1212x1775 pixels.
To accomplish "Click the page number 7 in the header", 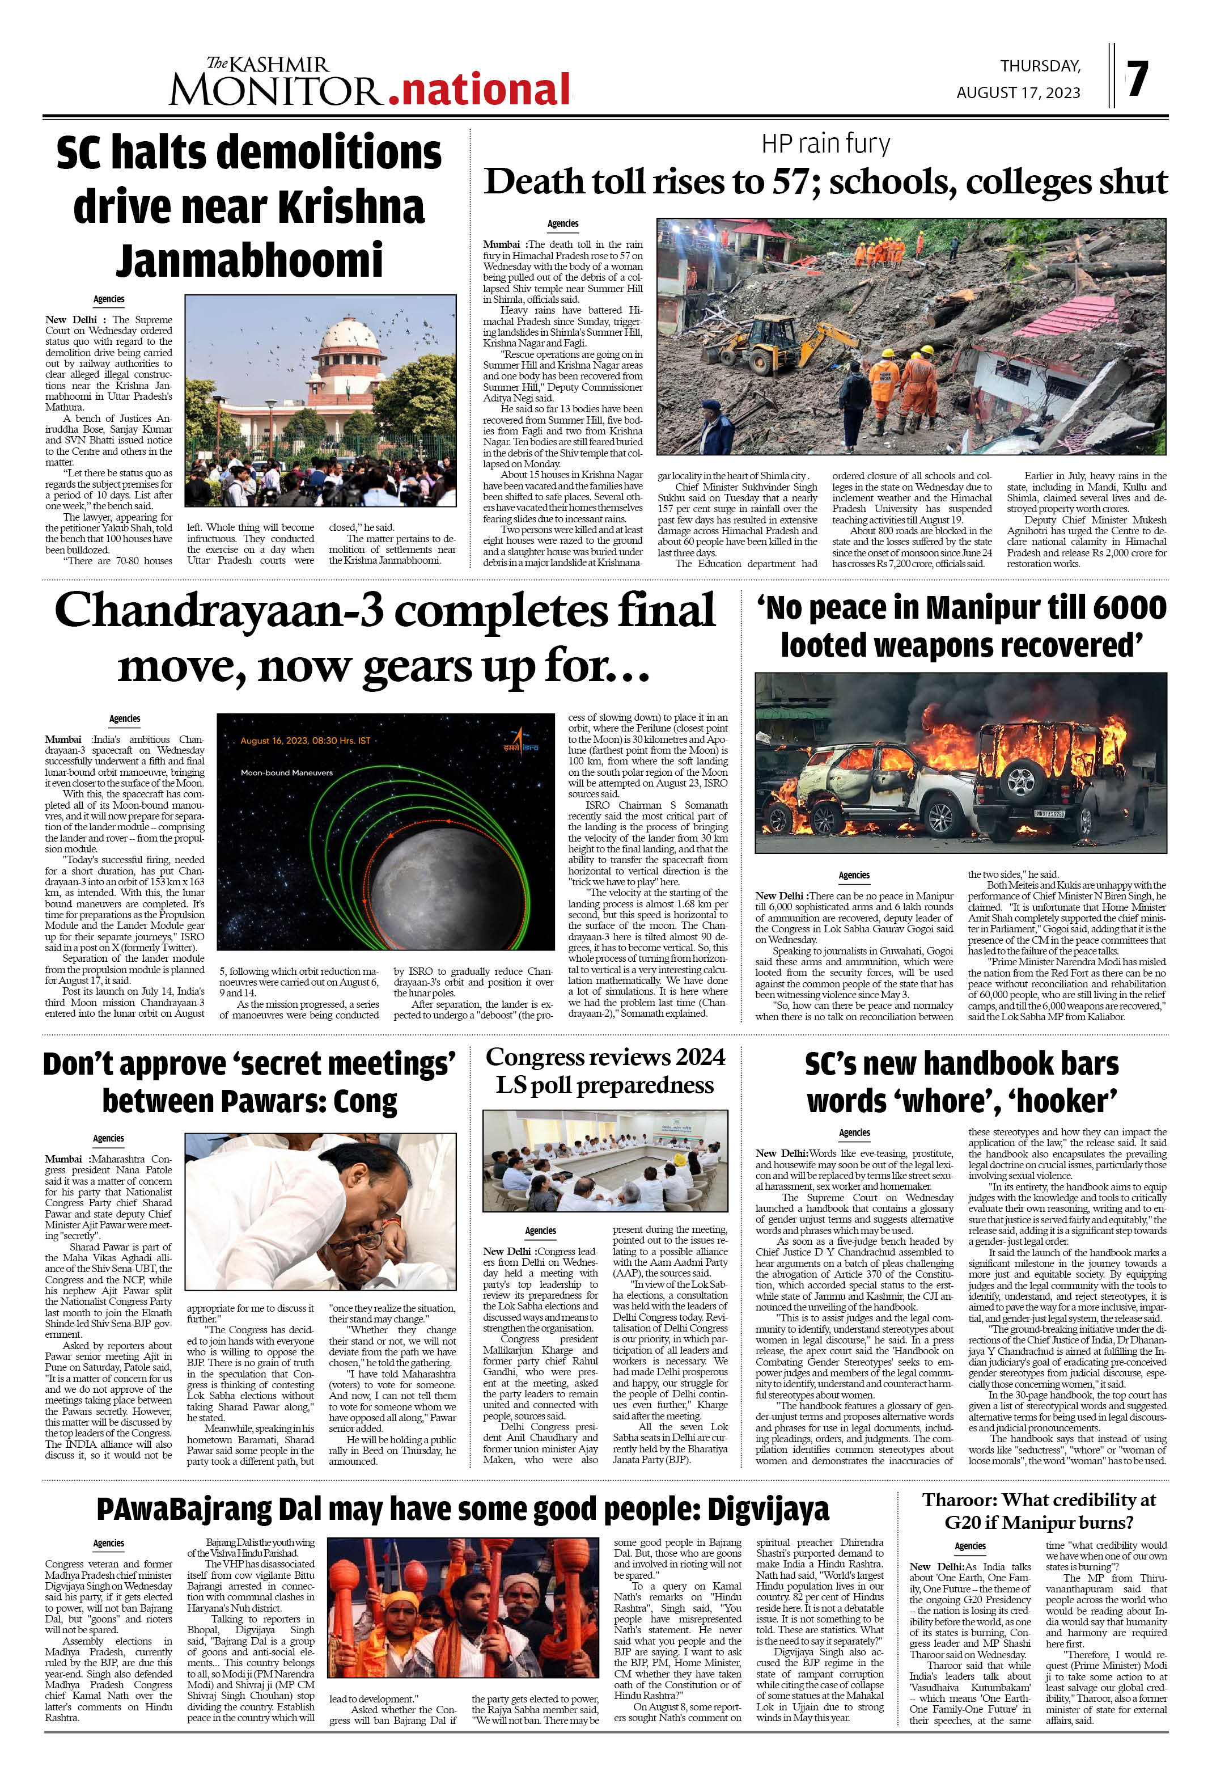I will pyautogui.click(x=1137, y=79).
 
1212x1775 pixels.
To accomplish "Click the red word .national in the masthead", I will pyautogui.click(x=479, y=90).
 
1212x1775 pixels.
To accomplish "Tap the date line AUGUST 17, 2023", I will pyautogui.click(x=1018, y=92).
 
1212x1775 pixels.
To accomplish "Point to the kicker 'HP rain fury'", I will pyautogui.click(x=825, y=143).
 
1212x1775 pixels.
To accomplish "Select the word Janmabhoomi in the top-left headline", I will pyautogui.click(x=249, y=260).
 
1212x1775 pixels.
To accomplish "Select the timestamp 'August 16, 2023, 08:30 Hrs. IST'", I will pyautogui.click(x=305, y=740).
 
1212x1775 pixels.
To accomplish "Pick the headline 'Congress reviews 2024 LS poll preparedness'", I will pyautogui.click(x=605, y=1071).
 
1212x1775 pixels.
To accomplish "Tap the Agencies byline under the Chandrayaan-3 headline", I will pyautogui.click(x=125, y=718).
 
